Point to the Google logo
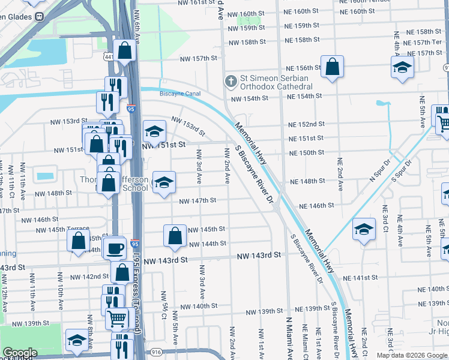[x=20, y=353]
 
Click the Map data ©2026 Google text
[x=411, y=355]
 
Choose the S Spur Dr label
[x=402, y=170]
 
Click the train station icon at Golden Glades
[x=39, y=16]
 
